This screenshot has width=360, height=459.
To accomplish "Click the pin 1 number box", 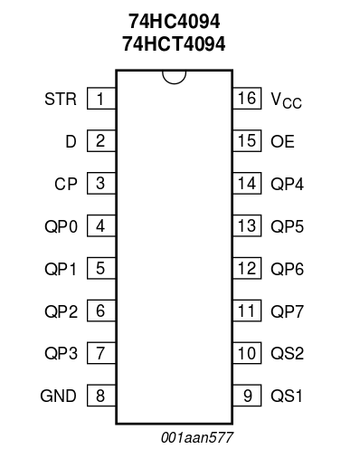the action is tap(101, 99).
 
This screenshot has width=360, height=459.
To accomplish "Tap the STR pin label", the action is tap(61, 99).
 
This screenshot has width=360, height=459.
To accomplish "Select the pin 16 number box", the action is tap(247, 99).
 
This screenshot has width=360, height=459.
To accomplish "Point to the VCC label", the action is tap(286, 100).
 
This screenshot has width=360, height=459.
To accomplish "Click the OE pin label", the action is tap(282, 141).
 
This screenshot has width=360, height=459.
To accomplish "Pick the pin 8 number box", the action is tap(101, 396).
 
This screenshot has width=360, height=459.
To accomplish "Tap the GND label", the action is tap(58, 396).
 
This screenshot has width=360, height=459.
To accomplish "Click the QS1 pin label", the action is tap(287, 396).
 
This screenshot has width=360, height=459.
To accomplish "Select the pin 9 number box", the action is tap(247, 396).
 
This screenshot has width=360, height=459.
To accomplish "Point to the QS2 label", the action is tap(287, 353).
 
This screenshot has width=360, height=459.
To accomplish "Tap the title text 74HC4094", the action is tap(175, 22).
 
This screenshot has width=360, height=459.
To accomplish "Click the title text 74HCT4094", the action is tap(174, 43).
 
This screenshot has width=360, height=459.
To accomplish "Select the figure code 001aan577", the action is tap(197, 437).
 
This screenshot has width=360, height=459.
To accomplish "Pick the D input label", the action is tap(71, 141).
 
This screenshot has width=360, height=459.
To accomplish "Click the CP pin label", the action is tap(66, 184).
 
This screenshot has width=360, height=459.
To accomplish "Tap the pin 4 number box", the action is tap(101, 225).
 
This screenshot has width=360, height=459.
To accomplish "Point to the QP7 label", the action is tap(287, 311).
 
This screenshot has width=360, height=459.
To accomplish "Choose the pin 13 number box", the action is tap(247, 225).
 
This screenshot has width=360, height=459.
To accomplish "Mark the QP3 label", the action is tap(62, 353).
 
